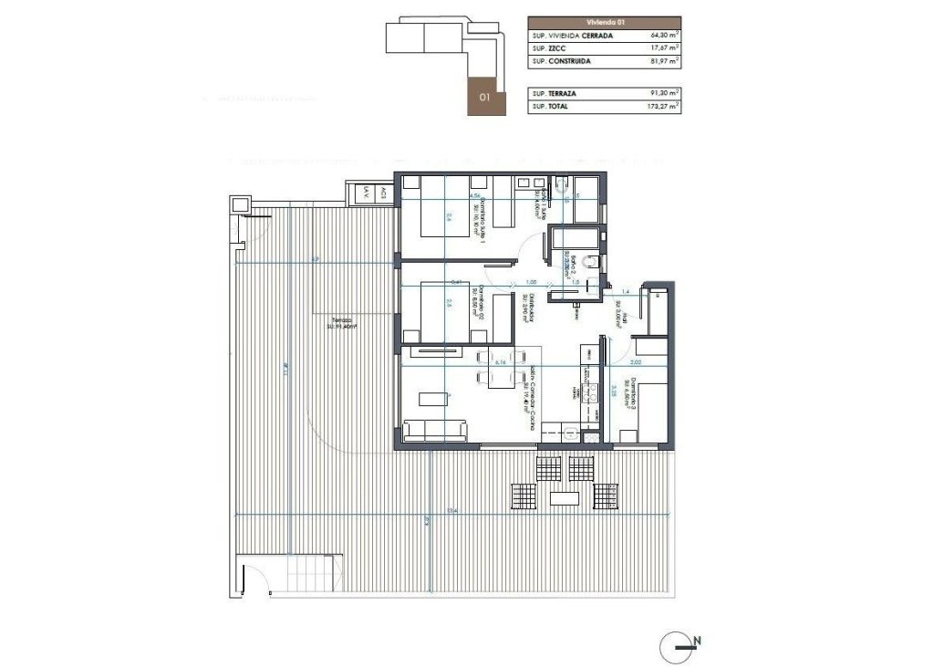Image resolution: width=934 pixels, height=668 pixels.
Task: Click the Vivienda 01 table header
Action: tap(604, 22)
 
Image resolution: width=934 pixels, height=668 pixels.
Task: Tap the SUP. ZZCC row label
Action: tap(549, 48)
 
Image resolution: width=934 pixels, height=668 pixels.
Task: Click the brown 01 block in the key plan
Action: tap(484, 95)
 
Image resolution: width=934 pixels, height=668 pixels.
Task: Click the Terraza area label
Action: tap(341, 323)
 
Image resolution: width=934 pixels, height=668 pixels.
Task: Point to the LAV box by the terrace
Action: tap(366, 193)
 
